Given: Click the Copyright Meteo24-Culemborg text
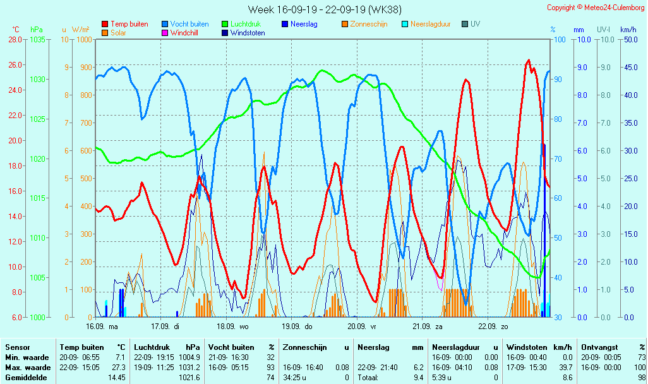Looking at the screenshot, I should (596, 8).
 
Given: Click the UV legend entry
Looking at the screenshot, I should (475, 24).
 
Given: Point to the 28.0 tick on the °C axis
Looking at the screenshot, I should (15, 39).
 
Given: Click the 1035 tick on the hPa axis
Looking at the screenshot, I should (37, 39).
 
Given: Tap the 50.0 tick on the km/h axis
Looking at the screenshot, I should (628, 39).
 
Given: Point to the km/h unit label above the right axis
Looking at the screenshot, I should (628, 30).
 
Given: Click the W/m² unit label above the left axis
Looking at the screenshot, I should (80, 30).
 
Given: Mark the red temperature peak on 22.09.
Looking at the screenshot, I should (529, 61).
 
